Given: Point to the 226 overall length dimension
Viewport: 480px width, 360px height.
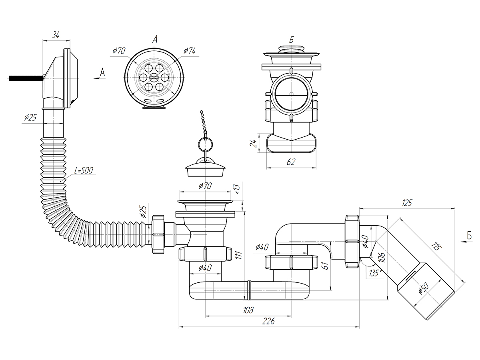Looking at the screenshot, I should pyautogui.click(x=269, y=321).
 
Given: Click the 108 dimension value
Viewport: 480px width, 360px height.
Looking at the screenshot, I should pyautogui.click(x=248, y=309).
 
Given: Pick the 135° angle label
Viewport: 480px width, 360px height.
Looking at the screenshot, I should pyautogui.click(x=376, y=273).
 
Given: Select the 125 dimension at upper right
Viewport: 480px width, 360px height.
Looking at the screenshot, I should pyautogui.click(x=407, y=203).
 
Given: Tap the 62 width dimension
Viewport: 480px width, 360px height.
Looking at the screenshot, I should pyautogui.click(x=291, y=162).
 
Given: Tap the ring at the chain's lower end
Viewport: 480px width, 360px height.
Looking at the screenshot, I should pyautogui.click(x=206, y=143).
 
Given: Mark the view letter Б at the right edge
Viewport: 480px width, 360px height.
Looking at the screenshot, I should pyautogui.click(x=469, y=236).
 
